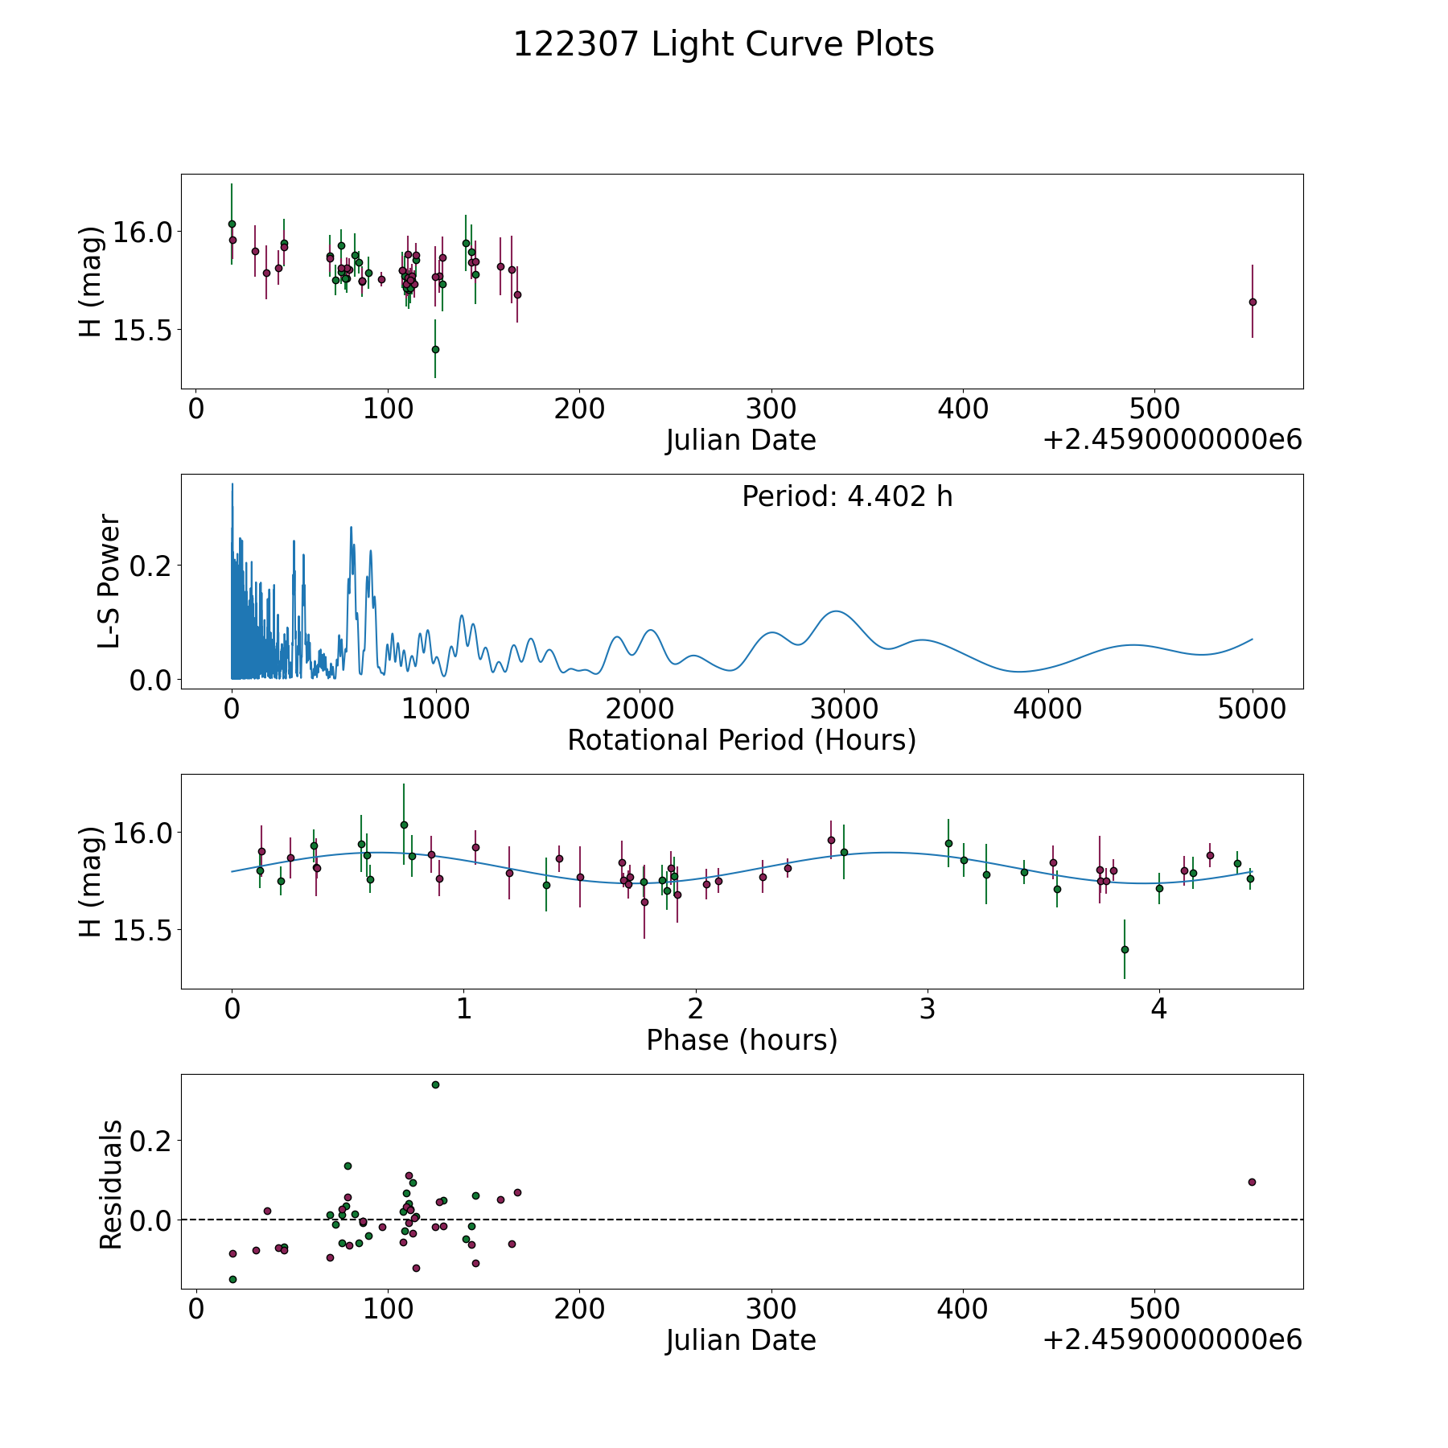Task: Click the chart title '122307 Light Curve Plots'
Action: coord(723,44)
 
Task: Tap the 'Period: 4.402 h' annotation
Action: coord(847,497)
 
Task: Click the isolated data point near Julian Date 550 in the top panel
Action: coord(1252,302)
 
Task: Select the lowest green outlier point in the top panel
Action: coord(435,349)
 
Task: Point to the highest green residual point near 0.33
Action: coord(435,1084)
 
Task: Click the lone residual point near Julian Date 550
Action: coord(1252,1182)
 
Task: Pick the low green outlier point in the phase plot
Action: coord(1125,949)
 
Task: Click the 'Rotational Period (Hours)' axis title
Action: coord(742,740)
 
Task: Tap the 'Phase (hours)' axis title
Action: coord(742,1040)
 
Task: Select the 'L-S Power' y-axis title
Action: coord(109,582)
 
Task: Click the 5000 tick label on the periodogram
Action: coord(1252,709)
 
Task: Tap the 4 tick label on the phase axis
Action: coord(1158,1009)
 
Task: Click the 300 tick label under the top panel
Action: coord(771,409)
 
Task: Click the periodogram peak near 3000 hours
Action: coord(837,611)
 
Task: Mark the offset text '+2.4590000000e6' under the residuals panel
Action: coord(1171,1339)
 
